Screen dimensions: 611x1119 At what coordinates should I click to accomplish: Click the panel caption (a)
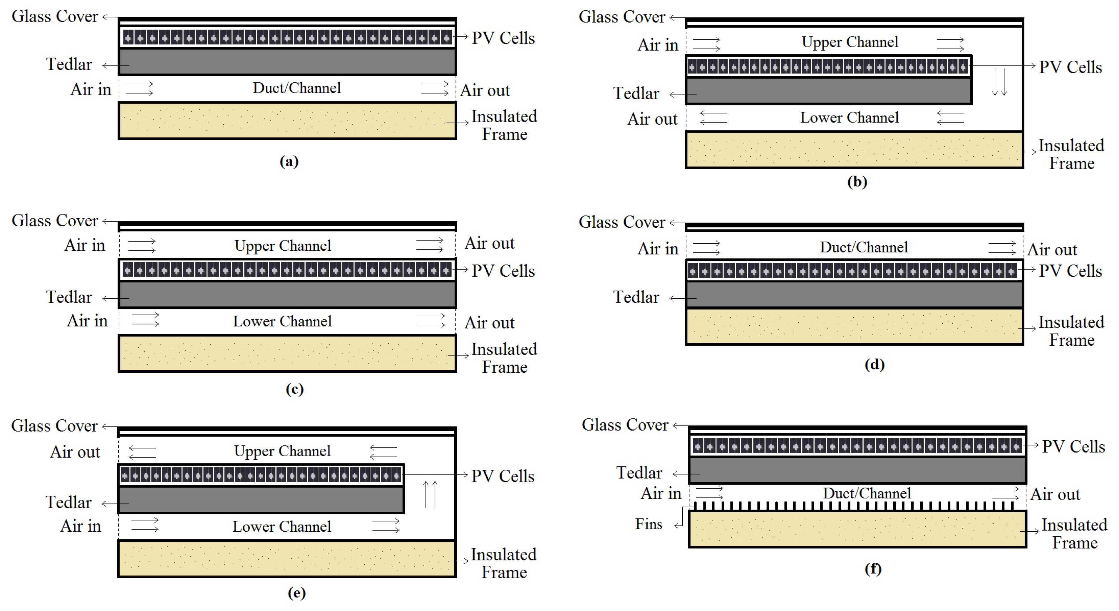[289, 162]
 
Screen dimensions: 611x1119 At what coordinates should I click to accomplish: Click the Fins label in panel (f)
[649, 524]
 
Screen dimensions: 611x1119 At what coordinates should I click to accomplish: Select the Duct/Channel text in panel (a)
[297, 88]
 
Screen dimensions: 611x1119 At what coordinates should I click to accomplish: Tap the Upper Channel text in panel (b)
[850, 42]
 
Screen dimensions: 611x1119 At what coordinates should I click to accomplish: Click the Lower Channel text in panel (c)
[282, 322]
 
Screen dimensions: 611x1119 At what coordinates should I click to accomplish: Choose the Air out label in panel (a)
[485, 91]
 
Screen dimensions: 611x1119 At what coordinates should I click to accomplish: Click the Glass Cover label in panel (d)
[622, 222]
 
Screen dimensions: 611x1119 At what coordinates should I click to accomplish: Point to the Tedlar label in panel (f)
[639, 473]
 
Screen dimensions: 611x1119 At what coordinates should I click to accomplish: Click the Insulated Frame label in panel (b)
[1071, 154]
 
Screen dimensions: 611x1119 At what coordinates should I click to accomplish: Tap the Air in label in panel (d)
[658, 249]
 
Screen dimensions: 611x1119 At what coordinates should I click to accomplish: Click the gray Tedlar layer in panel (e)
[261, 500]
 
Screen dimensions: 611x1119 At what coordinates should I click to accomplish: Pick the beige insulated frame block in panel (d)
[854, 327]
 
